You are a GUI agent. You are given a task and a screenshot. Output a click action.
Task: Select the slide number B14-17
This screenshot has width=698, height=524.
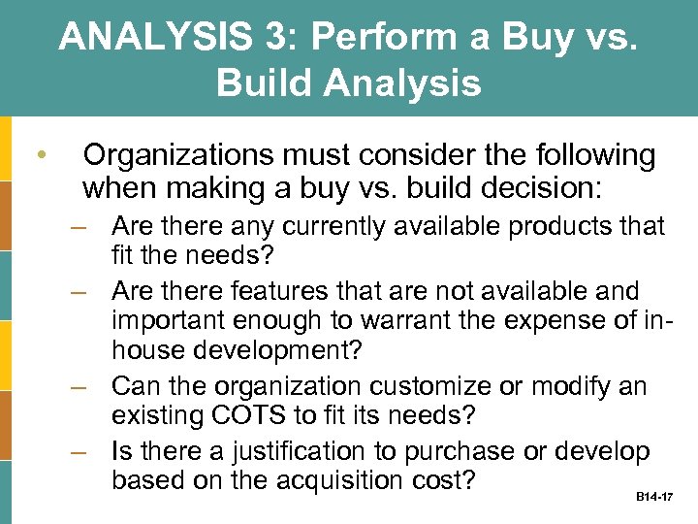tap(654, 497)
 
